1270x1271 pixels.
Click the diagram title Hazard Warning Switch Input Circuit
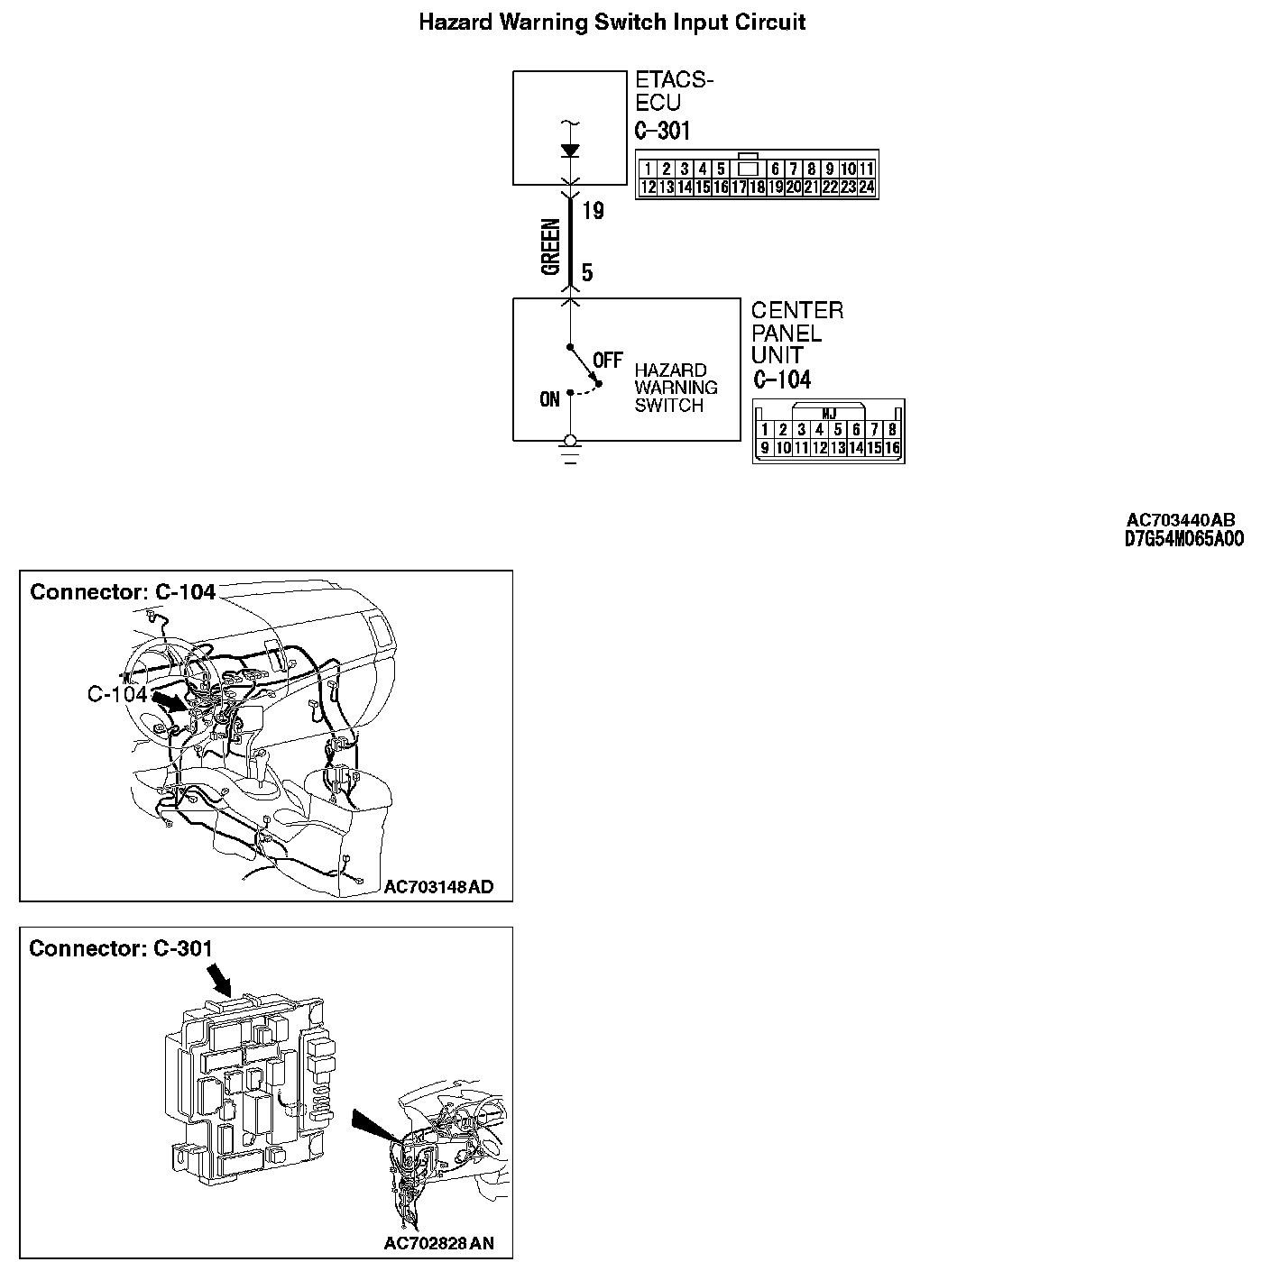tap(612, 23)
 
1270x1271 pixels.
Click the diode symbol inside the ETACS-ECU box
tap(569, 151)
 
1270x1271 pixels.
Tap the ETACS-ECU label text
tap(674, 91)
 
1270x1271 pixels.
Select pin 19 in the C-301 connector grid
tap(775, 187)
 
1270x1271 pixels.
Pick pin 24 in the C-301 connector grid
tap(866, 187)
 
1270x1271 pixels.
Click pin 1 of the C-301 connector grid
tap(648, 169)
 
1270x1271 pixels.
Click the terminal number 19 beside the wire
tap(593, 212)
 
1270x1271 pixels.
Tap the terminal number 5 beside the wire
tap(587, 273)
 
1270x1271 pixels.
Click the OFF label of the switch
tap(608, 361)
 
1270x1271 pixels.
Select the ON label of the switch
tap(549, 399)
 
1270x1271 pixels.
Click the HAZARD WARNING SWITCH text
tap(676, 388)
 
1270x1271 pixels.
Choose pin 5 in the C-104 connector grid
tap(838, 430)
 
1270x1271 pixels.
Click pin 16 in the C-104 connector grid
tap(892, 448)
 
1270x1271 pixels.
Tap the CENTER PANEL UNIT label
tap(796, 333)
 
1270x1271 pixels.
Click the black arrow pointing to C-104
tap(169, 700)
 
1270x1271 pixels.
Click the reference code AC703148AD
tap(438, 887)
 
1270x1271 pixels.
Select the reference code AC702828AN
tap(438, 1244)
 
